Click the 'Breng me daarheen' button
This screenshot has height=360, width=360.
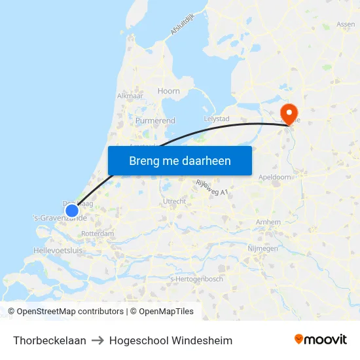[179, 160]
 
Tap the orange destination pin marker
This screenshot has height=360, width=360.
[287, 111]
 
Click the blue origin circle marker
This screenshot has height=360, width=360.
[72, 211]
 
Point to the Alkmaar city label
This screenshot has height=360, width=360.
[130, 96]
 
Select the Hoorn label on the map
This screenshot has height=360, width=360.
[169, 92]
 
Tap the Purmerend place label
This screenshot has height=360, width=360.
[155, 121]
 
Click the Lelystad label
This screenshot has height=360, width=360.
[217, 118]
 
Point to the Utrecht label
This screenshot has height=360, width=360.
[174, 201]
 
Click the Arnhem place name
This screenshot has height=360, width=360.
[268, 223]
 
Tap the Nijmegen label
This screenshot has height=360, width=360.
[263, 249]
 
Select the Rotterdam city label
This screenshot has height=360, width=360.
[98, 234]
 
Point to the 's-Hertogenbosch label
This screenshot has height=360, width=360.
[196, 279]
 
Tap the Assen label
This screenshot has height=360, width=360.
[346, 25]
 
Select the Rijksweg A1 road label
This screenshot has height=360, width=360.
[211, 188]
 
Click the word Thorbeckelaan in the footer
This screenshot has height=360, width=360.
[50, 340]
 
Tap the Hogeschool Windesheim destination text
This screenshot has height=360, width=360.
[171, 340]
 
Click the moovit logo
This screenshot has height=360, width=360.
[321, 340]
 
